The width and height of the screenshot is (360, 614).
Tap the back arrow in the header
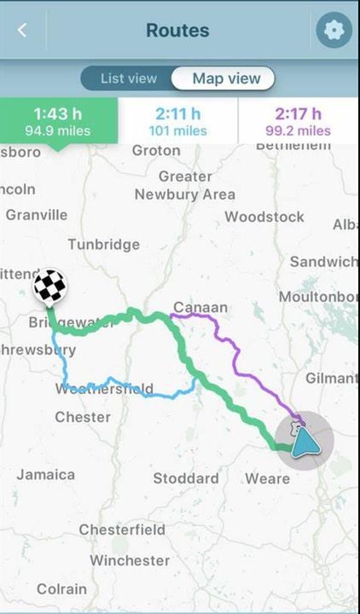tap(22, 31)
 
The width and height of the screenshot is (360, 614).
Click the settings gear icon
tap(334, 31)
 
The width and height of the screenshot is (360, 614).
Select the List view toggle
tap(129, 78)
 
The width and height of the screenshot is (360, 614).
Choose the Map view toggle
tap(225, 78)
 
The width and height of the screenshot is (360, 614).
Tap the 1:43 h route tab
tap(58, 121)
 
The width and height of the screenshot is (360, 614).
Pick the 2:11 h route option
tap(178, 121)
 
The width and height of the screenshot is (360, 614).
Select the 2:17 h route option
tap(299, 121)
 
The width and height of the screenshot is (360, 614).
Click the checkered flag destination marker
tap(49, 287)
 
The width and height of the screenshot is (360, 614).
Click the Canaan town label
tap(200, 307)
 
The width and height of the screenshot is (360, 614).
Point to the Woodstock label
tap(264, 217)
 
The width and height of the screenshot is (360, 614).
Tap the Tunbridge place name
tap(103, 245)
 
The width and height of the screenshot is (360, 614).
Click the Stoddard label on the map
tap(186, 478)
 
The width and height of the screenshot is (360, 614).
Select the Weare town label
tap(267, 478)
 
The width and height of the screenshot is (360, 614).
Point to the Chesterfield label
tap(122, 530)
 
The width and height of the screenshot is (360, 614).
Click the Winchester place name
tap(130, 560)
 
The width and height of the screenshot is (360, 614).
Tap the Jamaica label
tap(46, 474)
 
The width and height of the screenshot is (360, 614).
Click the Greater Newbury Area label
tap(184, 186)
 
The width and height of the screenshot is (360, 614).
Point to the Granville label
tap(36, 215)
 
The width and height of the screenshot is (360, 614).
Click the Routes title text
tap(177, 31)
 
